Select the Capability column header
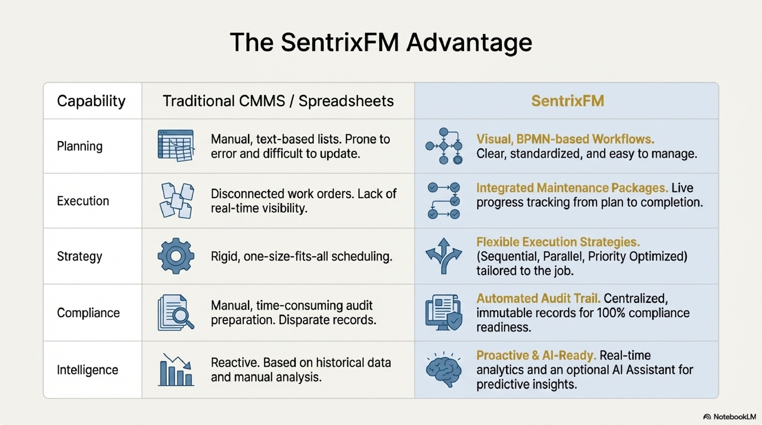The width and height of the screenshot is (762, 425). point(91,101)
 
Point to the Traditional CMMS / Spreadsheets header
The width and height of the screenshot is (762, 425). point(278,101)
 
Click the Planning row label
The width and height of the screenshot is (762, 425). point(79,146)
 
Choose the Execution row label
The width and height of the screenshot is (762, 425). point(83,201)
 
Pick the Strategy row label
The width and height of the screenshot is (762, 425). point(79,256)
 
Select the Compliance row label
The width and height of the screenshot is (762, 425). point(88,313)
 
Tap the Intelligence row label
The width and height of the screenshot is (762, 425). point(87,370)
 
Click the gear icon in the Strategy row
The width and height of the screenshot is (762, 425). point(176,256)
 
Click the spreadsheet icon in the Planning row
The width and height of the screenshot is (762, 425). point(176,145)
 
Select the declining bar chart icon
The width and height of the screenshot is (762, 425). point(176,370)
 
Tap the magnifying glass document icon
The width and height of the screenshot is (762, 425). point(176,312)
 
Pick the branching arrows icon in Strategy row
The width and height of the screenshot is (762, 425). point(444,256)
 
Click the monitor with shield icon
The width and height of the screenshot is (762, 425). point(444,312)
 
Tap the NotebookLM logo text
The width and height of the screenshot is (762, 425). point(730,417)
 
